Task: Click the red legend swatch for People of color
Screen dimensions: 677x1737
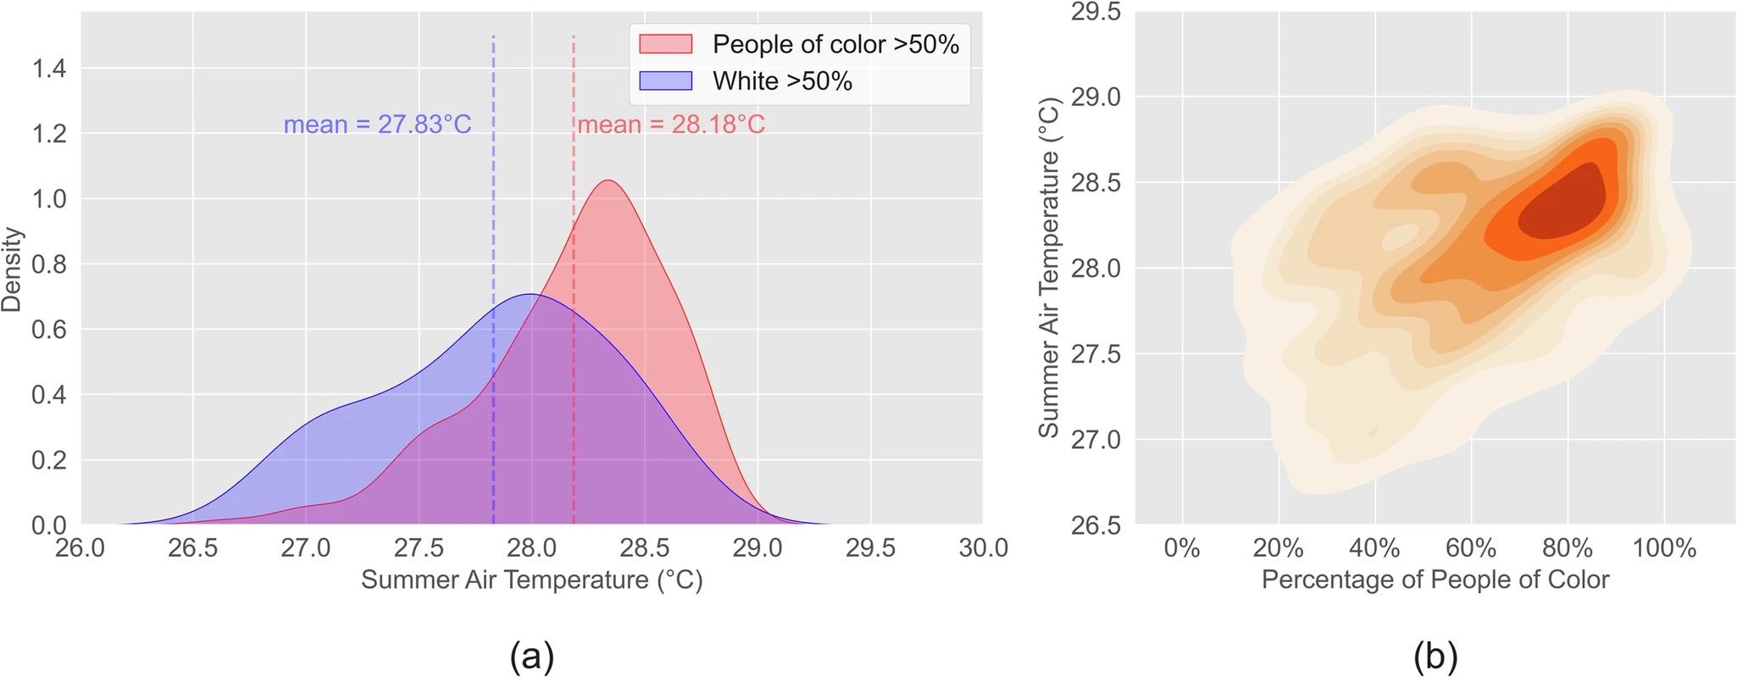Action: point(665,44)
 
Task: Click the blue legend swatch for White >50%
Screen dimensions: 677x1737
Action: point(665,80)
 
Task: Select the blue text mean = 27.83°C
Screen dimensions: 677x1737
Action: point(377,125)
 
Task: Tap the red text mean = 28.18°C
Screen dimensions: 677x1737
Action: point(671,125)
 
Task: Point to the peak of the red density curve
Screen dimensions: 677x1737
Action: point(608,180)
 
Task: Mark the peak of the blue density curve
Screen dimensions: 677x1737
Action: point(530,294)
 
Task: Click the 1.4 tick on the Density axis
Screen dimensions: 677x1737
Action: point(49,68)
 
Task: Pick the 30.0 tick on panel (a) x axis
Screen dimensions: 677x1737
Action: point(983,548)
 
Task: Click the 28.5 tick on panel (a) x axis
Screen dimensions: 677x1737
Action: point(644,548)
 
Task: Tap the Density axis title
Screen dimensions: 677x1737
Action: point(12,269)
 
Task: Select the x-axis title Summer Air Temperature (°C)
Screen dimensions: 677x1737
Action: point(531,580)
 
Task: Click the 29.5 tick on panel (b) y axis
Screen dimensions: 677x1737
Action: point(1096,13)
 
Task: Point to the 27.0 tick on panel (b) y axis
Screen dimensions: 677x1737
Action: point(1096,440)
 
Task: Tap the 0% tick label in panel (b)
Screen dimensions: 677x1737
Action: point(1182,548)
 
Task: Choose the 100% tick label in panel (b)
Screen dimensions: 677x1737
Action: point(1664,548)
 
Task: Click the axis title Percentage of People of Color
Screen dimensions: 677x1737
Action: point(1435,580)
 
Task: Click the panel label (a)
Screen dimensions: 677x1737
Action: point(531,656)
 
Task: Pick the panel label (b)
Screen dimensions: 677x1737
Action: point(1435,656)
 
